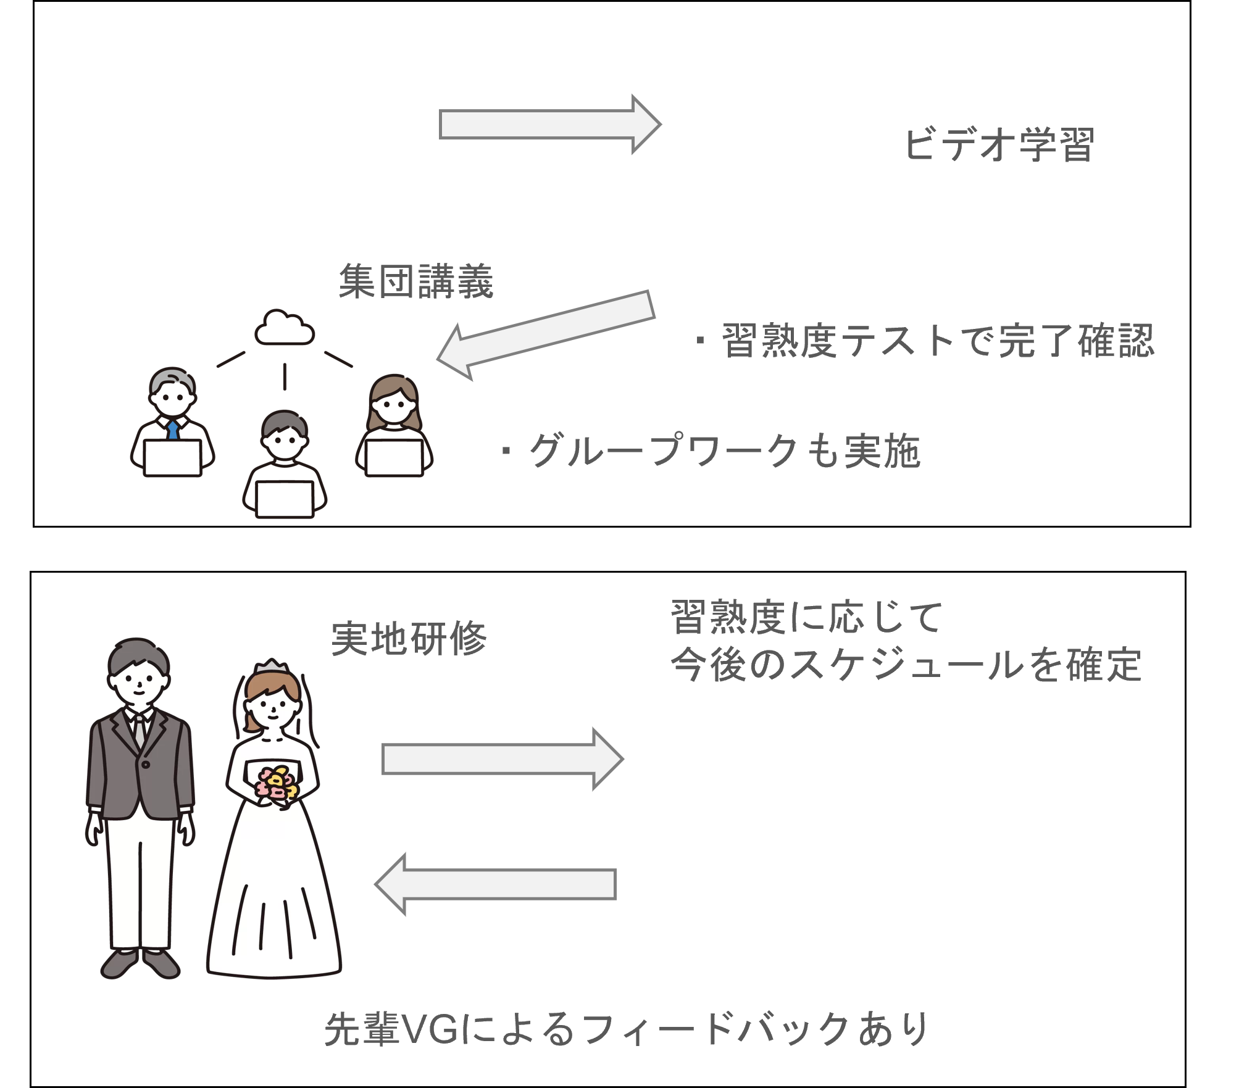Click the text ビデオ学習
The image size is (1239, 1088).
point(998,145)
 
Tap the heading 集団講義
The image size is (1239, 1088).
point(416,281)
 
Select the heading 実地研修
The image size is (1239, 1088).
point(409,637)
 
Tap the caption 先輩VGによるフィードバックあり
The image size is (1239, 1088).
point(626,1029)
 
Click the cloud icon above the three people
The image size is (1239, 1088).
point(285,328)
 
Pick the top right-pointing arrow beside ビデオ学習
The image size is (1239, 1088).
point(549,124)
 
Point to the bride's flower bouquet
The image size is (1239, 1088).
point(277,784)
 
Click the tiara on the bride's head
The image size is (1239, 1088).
point(271,668)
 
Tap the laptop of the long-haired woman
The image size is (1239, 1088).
point(394,457)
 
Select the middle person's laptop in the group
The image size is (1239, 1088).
point(285,498)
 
